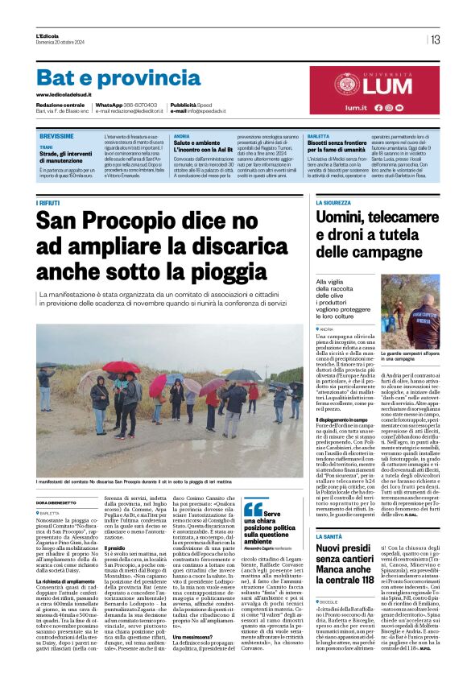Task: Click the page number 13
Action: (x=435, y=39)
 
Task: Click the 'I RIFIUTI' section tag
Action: (x=48, y=204)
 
